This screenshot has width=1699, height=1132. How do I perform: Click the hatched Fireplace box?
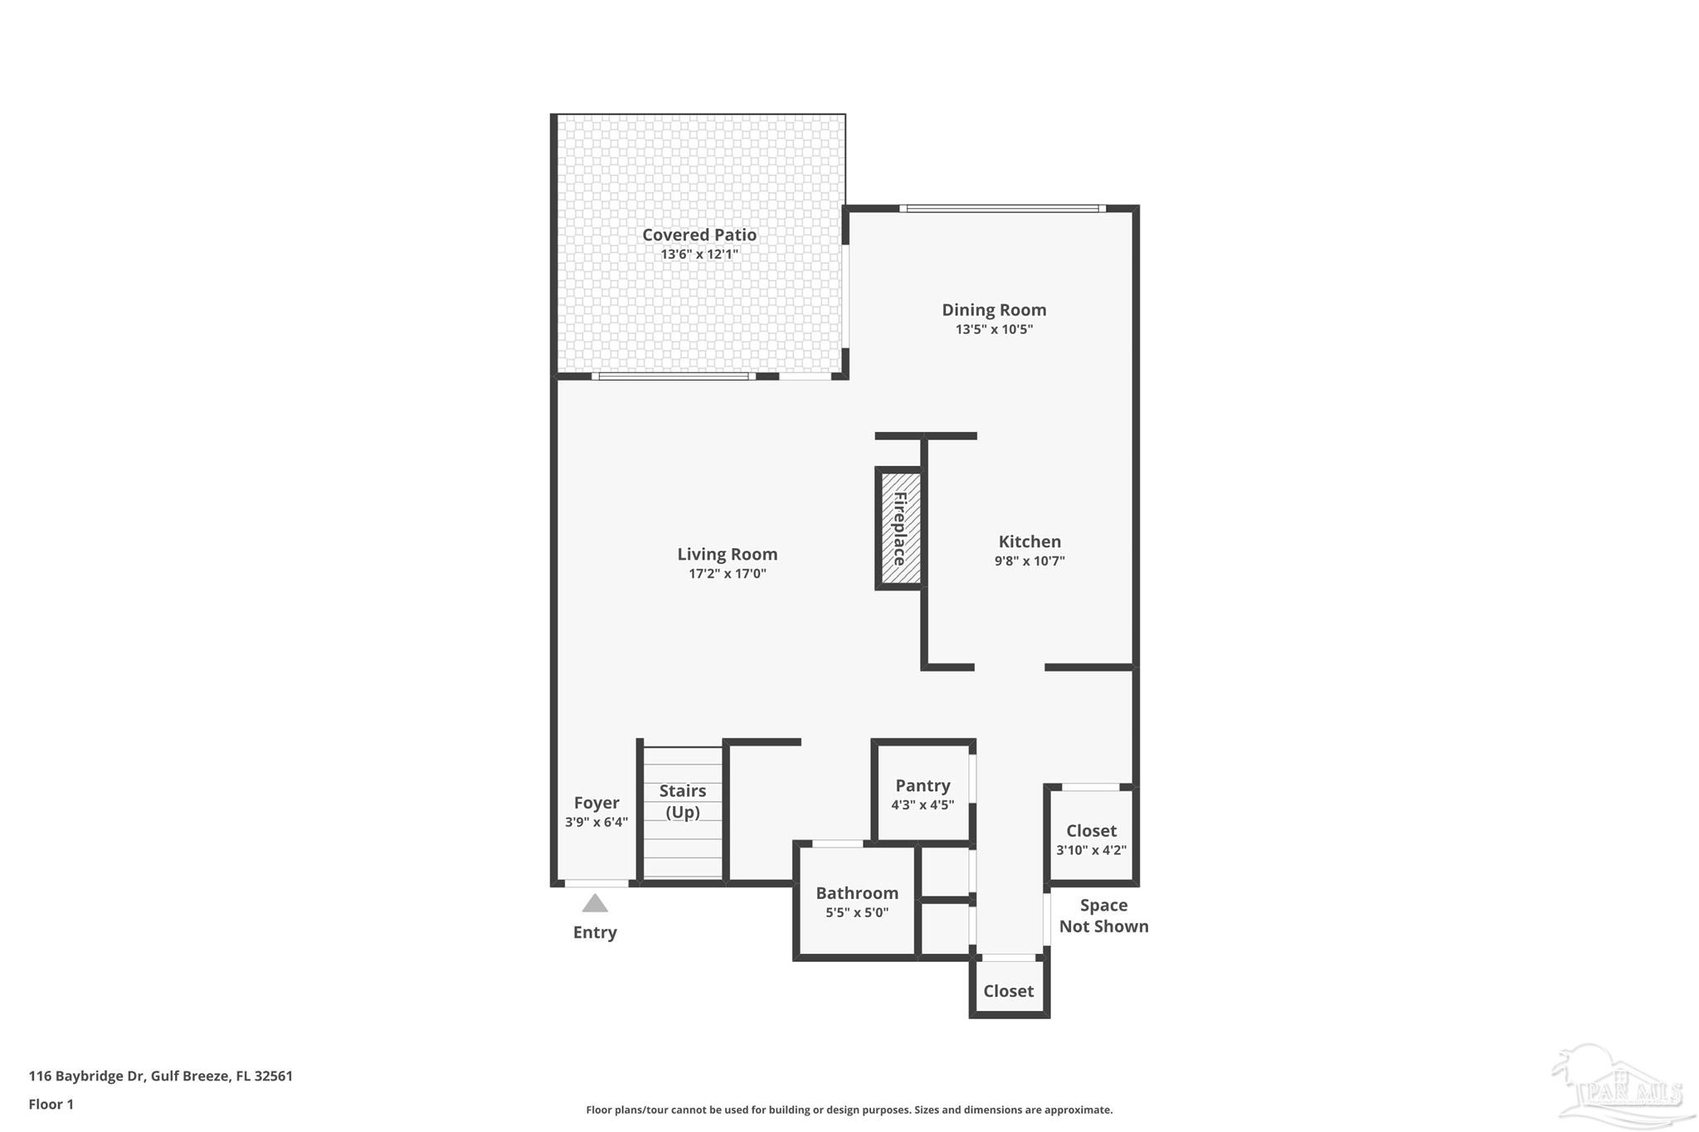[900, 528]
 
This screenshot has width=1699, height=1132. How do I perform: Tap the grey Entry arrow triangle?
[595, 903]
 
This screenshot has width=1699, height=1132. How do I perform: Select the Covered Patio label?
[699, 235]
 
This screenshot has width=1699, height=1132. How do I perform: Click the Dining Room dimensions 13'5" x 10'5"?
[993, 329]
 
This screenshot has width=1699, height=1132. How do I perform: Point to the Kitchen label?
[1029, 542]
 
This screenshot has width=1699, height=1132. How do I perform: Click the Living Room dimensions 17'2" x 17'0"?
[727, 574]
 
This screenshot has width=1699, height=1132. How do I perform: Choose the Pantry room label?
[922, 785]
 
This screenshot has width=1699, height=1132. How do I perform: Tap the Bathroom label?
[856, 893]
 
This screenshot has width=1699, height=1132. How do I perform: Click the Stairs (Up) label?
[683, 801]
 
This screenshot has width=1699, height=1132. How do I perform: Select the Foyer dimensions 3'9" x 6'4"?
[596, 823]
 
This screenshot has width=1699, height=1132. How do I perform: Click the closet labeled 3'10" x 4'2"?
[1090, 839]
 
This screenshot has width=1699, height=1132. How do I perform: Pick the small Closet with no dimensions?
[1008, 991]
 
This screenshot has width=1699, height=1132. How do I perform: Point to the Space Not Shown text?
[1103, 916]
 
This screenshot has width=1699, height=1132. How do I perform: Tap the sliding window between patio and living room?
[673, 377]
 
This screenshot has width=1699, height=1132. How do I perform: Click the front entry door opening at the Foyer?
[596, 883]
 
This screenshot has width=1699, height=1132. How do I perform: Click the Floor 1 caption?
[51, 1105]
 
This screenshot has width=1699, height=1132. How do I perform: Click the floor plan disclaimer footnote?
[849, 1110]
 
